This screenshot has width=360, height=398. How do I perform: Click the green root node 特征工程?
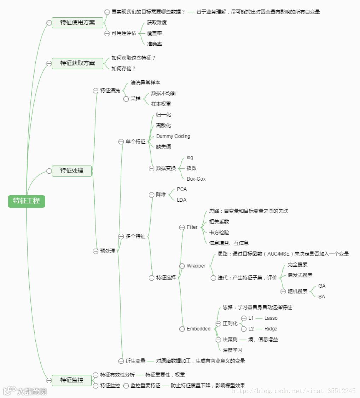[27, 201]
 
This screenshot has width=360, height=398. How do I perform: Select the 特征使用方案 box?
[77, 23]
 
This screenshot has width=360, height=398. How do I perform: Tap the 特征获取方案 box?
[77, 63]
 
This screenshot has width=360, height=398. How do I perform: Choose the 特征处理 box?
[72, 171]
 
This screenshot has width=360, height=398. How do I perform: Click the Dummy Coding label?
[173, 136]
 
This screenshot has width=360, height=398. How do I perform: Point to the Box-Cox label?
[196, 179]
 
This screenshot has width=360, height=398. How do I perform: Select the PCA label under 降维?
[182, 189]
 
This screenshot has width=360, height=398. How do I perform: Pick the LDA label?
[182, 200]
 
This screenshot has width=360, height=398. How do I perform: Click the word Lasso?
[271, 318]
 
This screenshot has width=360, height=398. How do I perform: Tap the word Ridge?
[271, 329]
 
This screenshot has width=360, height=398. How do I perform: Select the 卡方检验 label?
[219, 232]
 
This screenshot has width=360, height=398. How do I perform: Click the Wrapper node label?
[196, 266]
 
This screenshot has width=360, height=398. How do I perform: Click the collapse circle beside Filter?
[182, 227]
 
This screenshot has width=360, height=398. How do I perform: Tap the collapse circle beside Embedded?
[182, 329]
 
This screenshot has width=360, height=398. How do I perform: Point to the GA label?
[322, 286]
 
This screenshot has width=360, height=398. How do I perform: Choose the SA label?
[321, 296]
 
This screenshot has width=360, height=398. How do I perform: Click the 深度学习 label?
[232, 350]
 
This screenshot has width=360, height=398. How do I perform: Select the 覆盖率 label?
[155, 33]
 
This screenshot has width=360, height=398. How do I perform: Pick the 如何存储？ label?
[123, 69]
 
